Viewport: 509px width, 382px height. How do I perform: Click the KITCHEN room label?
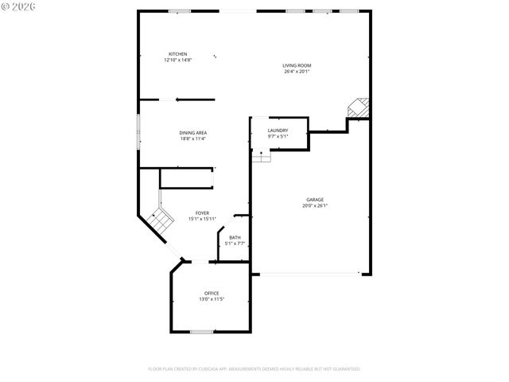(x=177, y=54)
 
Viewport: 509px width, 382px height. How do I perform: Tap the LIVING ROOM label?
(x=297, y=65)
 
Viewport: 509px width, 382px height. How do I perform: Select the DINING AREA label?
(x=192, y=133)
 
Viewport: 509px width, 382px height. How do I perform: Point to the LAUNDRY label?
(x=278, y=131)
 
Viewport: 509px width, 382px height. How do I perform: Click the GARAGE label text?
(x=315, y=200)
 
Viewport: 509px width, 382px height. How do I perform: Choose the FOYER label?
(x=202, y=213)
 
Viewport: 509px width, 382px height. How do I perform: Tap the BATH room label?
(x=235, y=237)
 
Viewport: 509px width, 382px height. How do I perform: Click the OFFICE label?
(x=212, y=293)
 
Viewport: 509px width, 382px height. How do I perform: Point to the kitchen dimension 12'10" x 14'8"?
(x=178, y=60)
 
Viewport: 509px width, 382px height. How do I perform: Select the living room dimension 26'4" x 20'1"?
(x=297, y=72)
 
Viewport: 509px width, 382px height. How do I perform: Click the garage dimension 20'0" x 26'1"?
(x=315, y=206)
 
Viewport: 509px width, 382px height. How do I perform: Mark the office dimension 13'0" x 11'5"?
(x=212, y=299)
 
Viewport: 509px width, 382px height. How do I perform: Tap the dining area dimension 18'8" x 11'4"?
(x=192, y=139)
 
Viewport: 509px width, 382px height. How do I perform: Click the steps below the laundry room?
(x=262, y=158)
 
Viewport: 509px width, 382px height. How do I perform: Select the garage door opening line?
(x=310, y=275)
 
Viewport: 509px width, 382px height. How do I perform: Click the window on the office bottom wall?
(x=201, y=331)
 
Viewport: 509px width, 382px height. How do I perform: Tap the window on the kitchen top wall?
(x=179, y=10)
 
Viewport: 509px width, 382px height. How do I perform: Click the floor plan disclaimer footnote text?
(x=254, y=369)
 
